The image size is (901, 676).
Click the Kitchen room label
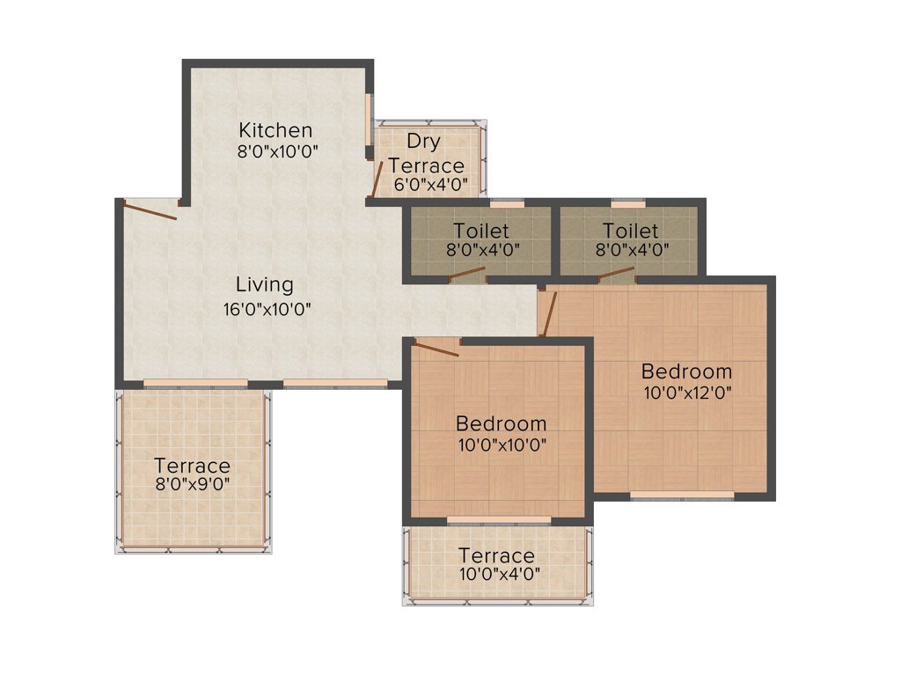click(275, 130)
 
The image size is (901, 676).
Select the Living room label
click(264, 285)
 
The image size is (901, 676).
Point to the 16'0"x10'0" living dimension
click(267, 309)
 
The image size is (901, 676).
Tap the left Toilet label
click(480, 231)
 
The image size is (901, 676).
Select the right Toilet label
click(630, 231)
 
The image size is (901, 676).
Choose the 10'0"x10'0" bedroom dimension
click(502, 445)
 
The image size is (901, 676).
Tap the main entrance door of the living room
click(150, 210)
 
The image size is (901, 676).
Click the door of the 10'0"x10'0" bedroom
click(436, 348)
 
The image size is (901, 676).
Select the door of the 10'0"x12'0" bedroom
click(546, 313)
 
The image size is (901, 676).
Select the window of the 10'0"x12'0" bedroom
click(682, 496)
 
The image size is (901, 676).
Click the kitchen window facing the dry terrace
click(369, 122)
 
